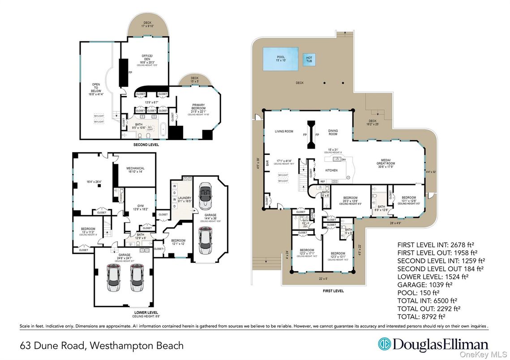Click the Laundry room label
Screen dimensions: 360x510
(184, 200)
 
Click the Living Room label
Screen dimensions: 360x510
(284, 131)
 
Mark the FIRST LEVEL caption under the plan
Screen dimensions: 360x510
(333, 291)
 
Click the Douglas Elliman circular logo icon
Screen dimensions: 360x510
(384, 344)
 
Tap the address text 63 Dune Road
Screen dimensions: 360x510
(54, 345)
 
